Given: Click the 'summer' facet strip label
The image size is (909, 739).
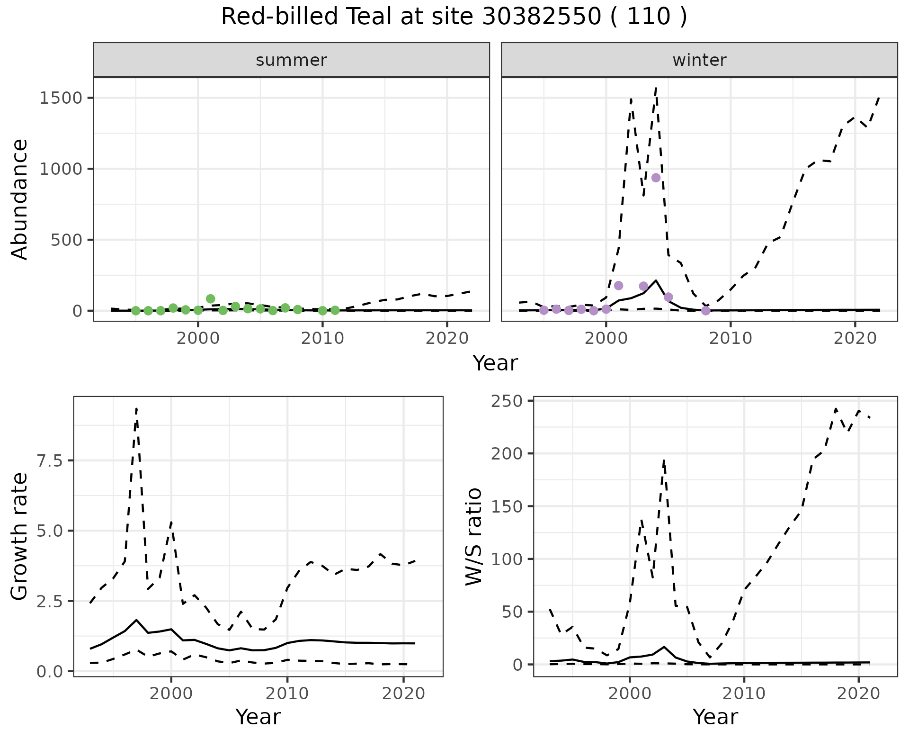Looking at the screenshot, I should (291, 60).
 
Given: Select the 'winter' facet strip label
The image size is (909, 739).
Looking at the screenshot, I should (699, 60).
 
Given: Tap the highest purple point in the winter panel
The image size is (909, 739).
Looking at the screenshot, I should (656, 178).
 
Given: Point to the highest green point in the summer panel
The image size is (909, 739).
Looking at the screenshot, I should (211, 299).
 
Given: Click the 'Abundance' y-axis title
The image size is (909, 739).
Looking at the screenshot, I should (20, 199).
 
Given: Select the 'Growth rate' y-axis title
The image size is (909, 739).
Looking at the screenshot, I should (20, 537).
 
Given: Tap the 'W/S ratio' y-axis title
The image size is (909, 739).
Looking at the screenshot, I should (473, 537).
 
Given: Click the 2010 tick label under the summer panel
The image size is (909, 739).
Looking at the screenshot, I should (322, 338).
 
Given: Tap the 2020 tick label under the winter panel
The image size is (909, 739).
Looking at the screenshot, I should (855, 338).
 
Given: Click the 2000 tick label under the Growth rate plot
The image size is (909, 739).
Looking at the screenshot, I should (171, 694).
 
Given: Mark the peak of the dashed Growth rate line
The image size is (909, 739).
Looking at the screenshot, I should (136, 408).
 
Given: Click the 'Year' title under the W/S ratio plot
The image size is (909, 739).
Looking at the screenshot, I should (715, 717).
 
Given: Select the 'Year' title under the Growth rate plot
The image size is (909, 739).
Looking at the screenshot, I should (258, 717).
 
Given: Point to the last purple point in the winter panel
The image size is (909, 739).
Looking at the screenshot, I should (705, 311).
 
